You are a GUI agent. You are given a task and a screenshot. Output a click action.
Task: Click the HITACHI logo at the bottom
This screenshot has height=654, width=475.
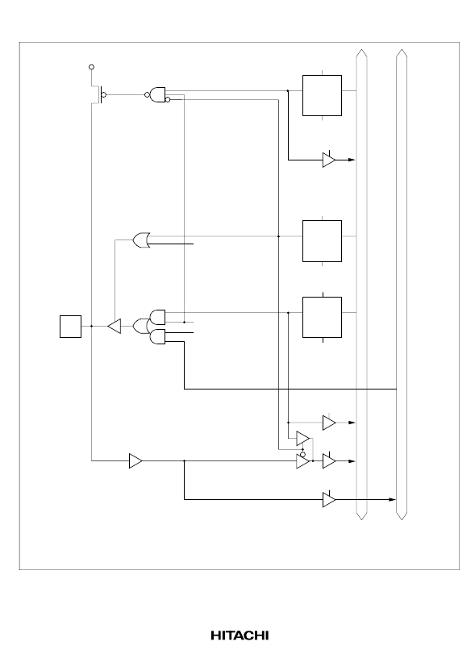tap(240, 635)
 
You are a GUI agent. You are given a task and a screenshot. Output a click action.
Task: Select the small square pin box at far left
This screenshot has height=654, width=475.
tap(70, 326)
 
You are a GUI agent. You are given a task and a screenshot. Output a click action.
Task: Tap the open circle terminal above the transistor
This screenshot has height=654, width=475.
tap(92, 67)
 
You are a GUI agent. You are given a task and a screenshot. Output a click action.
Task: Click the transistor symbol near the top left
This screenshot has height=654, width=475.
tap(98, 95)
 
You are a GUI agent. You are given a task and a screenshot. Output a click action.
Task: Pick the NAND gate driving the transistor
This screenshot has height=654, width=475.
tap(156, 94)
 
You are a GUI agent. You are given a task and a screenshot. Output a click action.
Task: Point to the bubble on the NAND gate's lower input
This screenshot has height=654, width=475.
tap(168, 100)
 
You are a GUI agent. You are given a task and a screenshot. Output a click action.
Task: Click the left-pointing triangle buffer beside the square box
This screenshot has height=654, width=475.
tap(115, 326)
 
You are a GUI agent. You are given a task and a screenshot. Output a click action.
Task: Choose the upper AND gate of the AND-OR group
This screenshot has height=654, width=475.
tap(157, 317)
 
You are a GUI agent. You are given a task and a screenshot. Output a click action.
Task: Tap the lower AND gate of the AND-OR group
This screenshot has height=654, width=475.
tap(157, 337)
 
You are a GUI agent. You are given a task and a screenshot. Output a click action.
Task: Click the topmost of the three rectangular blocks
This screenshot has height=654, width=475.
tap(322, 95)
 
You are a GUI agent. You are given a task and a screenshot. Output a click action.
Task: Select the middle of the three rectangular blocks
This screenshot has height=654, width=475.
tap(322, 241)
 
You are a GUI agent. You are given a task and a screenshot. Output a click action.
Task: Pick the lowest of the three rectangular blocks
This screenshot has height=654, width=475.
tap(322, 318)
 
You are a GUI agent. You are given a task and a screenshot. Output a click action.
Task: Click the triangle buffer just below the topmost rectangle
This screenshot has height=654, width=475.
tap(329, 160)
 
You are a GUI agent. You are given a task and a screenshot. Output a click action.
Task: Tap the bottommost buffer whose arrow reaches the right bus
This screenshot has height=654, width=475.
tap(329, 500)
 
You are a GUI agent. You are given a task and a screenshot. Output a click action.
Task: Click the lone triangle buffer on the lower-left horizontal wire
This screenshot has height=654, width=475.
tap(136, 461)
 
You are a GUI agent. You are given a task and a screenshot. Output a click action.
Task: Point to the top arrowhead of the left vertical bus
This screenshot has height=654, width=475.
tap(361, 52)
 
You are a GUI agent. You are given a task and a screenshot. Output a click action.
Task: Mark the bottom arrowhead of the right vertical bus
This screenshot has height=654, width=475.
tap(401, 516)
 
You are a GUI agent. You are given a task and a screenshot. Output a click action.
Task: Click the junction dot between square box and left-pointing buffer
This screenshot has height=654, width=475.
tap(92, 326)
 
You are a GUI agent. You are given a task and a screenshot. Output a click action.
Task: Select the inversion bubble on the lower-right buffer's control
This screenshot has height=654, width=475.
tap(302, 454)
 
